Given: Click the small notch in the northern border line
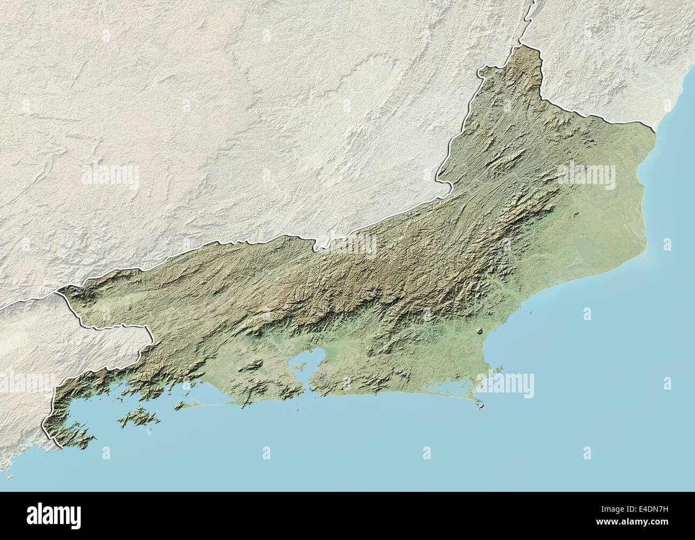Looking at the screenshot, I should click(x=319, y=246).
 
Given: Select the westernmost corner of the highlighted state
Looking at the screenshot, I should click(x=60, y=291).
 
